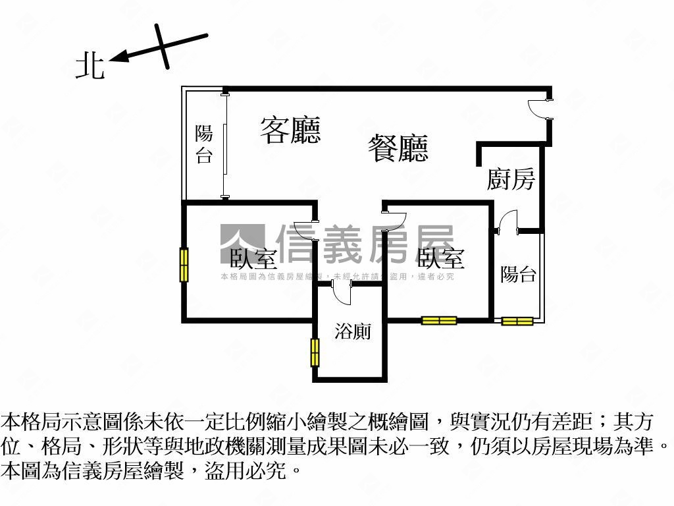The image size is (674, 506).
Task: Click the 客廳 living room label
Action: click(x=290, y=130)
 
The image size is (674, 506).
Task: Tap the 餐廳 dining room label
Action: click(x=398, y=148)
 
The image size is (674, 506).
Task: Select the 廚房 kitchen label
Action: click(x=511, y=179)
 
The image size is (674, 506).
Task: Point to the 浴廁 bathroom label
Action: click(x=352, y=331)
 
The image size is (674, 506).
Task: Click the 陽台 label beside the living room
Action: click(x=204, y=144)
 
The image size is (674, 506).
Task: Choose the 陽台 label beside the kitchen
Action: click(x=519, y=274)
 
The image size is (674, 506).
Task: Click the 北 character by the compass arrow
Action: click(x=90, y=67)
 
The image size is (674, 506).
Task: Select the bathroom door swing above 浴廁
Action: click(x=342, y=293)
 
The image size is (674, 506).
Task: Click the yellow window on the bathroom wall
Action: click(x=315, y=352)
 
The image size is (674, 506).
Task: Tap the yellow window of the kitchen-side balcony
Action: click(x=517, y=321)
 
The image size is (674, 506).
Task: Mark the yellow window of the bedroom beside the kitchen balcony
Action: click(x=439, y=321)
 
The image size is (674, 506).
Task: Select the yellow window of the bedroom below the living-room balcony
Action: click(x=184, y=264)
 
